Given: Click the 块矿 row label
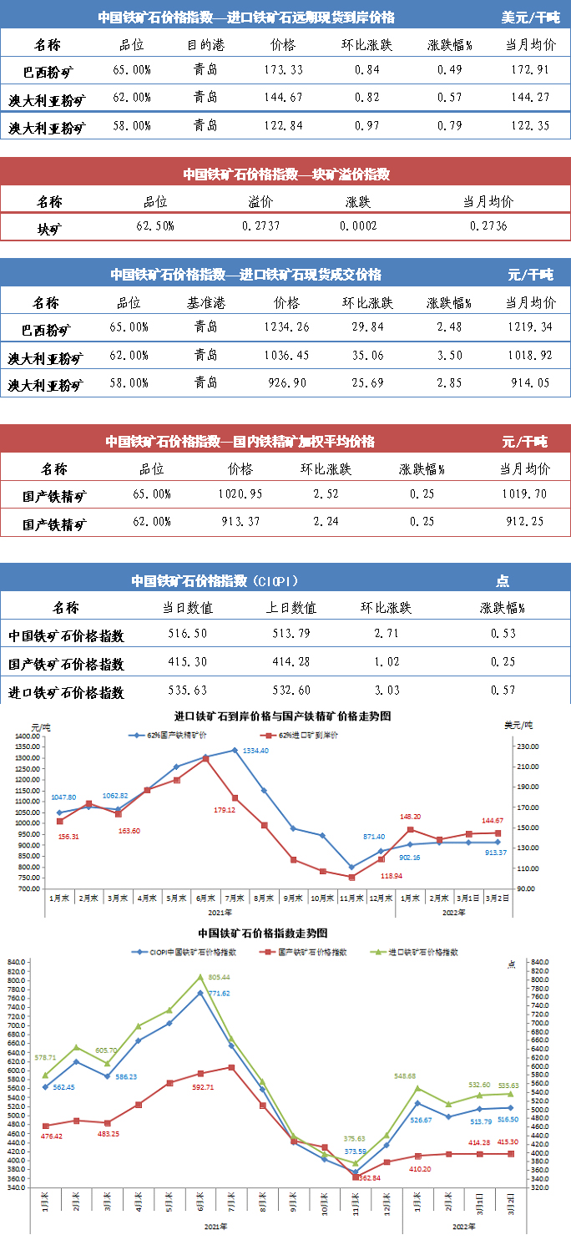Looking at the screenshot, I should pyautogui.click(x=49, y=227).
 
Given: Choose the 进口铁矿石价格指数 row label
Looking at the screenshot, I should pyautogui.click(x=66, y=692).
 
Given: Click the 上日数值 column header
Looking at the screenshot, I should pyautogui.click(x=294, y=608).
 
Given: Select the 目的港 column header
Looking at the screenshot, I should pyautogui.click(x=200, y=44).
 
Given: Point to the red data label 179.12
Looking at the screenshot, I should pyautogui.click(x=224, y=786).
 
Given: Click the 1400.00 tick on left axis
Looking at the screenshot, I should pyautogui.click(x=28, y=736).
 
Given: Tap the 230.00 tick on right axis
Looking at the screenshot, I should pyautogui.click(x=529, y=747).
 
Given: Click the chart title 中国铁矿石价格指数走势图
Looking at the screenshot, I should pyautogui.click(x=262, y=933).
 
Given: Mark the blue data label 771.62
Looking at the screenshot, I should pyautogui.click(x=219, y=993).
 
